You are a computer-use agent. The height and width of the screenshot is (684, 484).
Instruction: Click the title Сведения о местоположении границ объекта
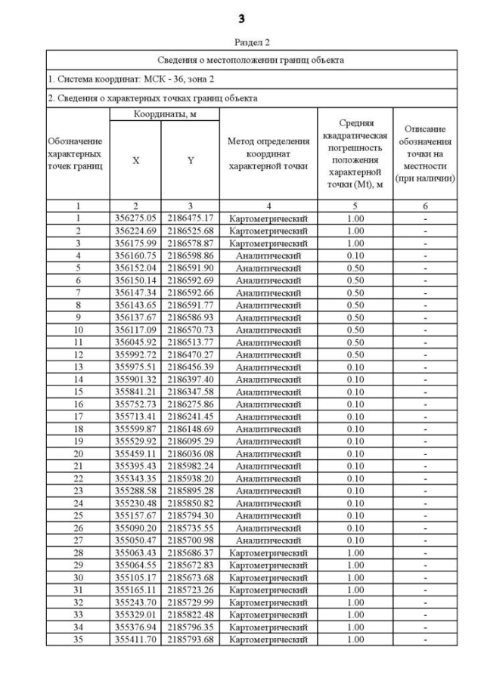tap(251, 59)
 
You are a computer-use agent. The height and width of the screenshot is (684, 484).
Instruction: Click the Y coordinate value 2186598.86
tap(191, 255)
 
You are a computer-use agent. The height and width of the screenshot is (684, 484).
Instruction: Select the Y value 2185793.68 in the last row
tap(191, 640)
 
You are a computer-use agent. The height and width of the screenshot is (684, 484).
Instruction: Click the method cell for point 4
tap(268, 255)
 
